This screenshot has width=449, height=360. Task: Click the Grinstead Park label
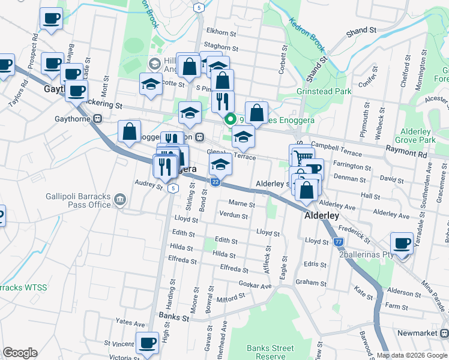point(324,92)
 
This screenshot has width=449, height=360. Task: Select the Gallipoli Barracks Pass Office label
point(78,200)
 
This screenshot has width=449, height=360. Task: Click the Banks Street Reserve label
point(270,352)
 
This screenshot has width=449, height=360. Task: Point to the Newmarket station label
point(418,333)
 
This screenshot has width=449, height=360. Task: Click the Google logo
point(20,353)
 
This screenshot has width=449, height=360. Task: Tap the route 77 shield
point(339,241)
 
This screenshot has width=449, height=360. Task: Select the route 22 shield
point(215,182)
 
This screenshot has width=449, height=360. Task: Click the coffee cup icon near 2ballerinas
point(402,243)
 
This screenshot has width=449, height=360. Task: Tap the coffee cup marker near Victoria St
point(146,343)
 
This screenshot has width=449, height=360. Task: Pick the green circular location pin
point(229,119)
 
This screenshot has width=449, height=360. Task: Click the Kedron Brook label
point(307,32)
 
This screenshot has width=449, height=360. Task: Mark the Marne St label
point(242,203)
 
